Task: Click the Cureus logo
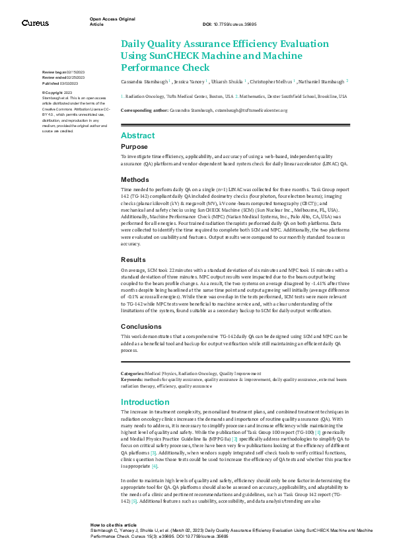click(x=35, y=23)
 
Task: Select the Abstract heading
click(x=137, y=135)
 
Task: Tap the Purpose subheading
click(x=134, y=146)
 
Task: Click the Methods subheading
click(x=135, y=179)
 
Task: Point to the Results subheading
click(x=134, y=260)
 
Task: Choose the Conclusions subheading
click(x=140, y=326)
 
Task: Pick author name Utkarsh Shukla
click(x=229, y=81)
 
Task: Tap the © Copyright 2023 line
click(x=57, y=93)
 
